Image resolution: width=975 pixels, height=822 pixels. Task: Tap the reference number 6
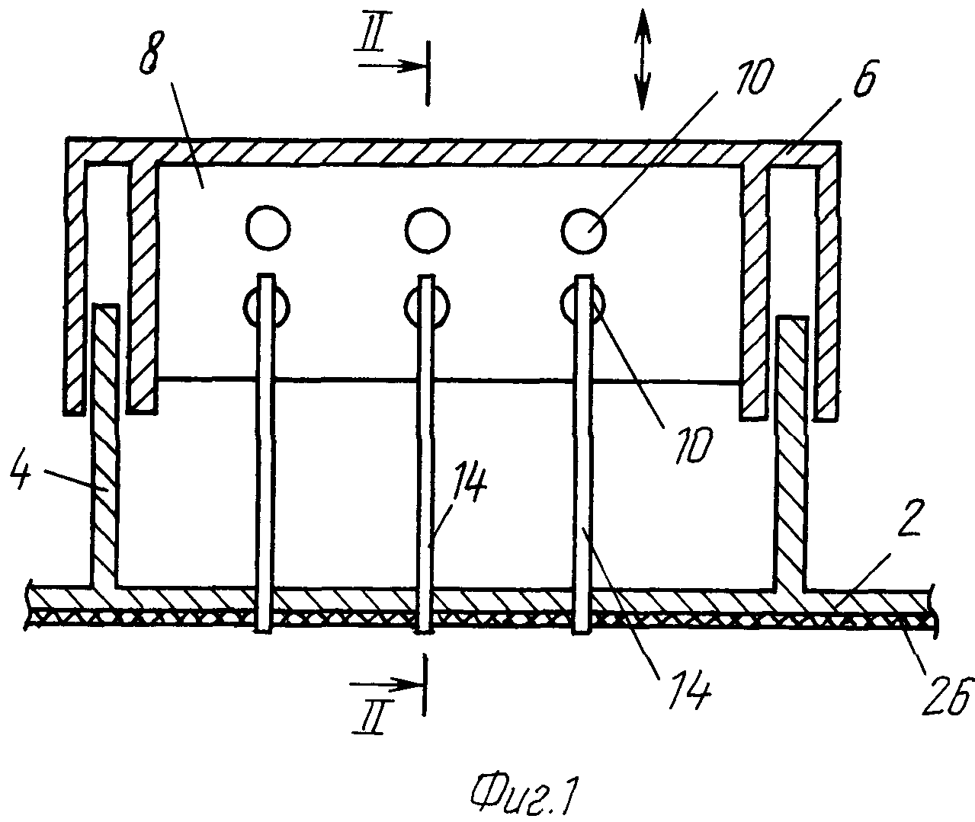pyautogui.click(x=864, y=78)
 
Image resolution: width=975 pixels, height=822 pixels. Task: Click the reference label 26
pyautogui.click(x=948, y=696)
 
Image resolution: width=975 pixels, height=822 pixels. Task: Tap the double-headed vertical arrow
pyautogui.click(x=642, y=59)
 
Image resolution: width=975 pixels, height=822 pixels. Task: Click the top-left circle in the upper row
pyautogui.click(x=268, y=229)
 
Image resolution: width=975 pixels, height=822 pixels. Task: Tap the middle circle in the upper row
pyautogui.click(x=427, y=230)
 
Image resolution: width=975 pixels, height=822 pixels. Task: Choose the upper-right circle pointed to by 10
pyautogui.click(x=584, y=230)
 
